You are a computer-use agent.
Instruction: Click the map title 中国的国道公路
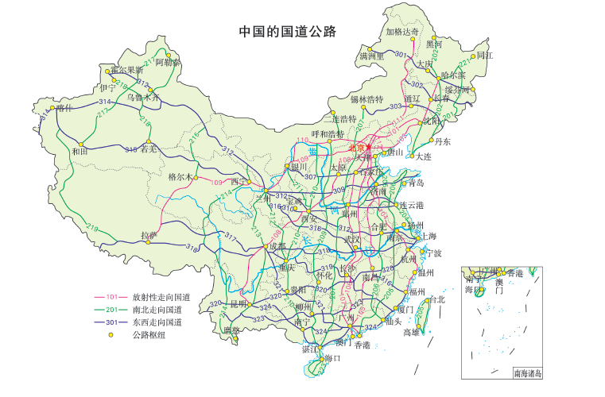tap(288, 32)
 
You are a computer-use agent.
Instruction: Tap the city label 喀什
tap(64, 107)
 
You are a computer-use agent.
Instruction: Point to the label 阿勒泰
tap(168, 61)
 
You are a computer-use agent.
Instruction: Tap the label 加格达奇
tap(401, 32)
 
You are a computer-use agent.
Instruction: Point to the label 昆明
tap(239, 303)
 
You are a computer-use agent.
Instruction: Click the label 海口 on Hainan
tap(332, 358)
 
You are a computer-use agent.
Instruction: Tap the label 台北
tap(436, 299)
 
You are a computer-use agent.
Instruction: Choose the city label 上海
tap(428, 236)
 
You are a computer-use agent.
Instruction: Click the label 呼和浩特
tap(330, 133)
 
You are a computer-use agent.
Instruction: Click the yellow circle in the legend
tap(111, 335)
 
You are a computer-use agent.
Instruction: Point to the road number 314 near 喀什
tap(104, 102)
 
